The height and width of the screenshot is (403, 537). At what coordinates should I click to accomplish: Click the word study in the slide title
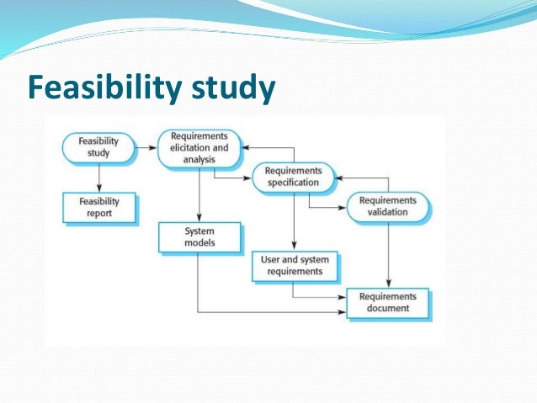[236, 88]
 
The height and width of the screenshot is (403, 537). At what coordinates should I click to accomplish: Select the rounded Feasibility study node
[98, 147]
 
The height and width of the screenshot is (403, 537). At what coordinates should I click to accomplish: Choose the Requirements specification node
[293, 176]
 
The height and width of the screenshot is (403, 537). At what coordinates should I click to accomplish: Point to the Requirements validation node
[387, 206]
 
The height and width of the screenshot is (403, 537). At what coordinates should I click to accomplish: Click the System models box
[199, 236]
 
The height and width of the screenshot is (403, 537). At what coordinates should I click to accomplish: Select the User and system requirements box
[293, 266]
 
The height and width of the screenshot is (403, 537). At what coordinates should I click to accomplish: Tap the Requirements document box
[387, 302]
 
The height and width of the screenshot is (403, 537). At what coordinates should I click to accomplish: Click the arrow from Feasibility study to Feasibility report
[98, 178]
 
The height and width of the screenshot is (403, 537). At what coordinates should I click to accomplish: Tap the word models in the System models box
[199, 242]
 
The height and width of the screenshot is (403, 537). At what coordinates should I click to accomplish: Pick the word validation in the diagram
[387, 212]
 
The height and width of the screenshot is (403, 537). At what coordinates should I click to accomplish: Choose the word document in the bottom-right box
[387, 308]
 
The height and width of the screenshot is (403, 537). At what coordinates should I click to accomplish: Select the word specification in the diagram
[293, 182]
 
